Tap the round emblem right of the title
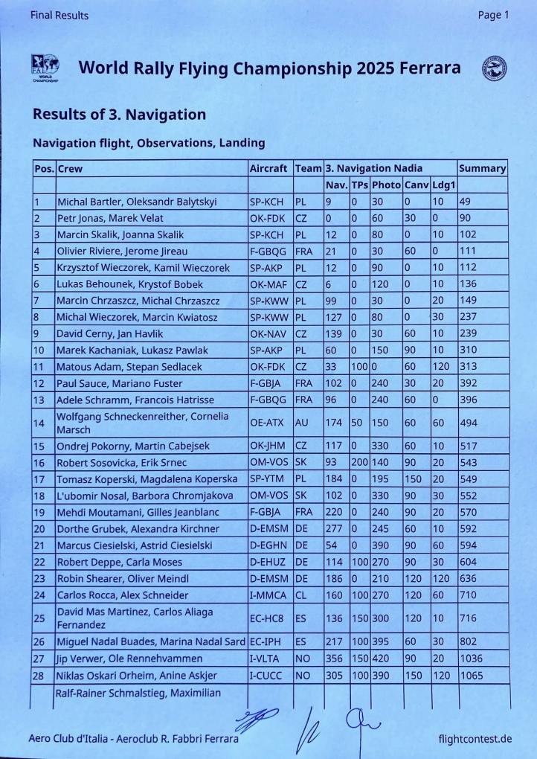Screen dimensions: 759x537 (x=494, y=68)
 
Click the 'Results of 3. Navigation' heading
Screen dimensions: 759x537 (x=119, y=115)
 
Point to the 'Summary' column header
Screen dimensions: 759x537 (x=482, y=168)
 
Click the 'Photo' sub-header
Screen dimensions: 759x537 (x=385, y=185)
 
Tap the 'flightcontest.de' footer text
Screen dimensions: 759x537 (x=475, y=739)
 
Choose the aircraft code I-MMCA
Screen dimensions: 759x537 (x=268, y=595)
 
